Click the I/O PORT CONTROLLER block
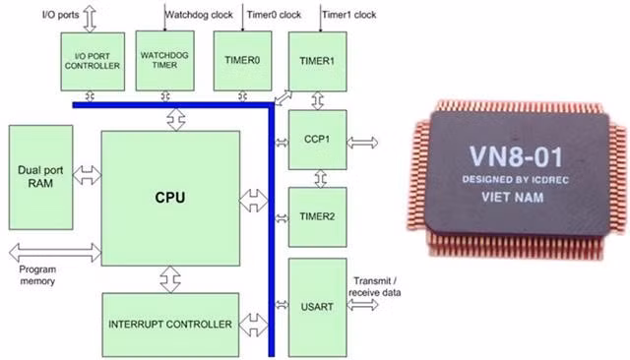(93, 61)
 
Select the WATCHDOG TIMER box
(164, 61)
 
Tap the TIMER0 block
(242, 61)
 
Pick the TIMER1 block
(317, 61)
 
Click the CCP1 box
(317, 140)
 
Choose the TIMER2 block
(317, 217)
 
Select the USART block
(317, 308)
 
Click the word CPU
(170, 198)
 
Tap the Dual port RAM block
(40, 177)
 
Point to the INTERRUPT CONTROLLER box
(170, 325)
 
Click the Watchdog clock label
(199, 15)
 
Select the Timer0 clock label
(274, 15)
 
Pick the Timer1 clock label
(349, 15)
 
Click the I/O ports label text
(61, 15)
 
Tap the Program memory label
(37, 274)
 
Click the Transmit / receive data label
(375, 286)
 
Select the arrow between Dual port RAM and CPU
(88, 175)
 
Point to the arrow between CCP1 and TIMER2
(320, 179)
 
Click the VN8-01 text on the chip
(516, 156)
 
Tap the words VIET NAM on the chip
(513, 198)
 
